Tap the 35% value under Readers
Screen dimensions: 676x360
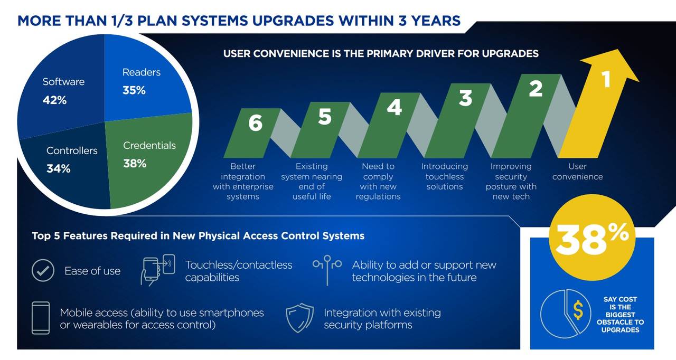point(134,90)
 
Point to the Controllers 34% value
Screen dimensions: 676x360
point(58,168)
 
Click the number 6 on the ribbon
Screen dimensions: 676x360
point(255,123)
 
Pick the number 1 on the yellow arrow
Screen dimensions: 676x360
point(606,79)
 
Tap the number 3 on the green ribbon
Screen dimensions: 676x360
point(465,98)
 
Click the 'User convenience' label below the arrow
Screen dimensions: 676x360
point(578,171)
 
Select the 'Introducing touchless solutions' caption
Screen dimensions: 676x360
point(445,176)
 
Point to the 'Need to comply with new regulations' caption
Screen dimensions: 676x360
point(378,181)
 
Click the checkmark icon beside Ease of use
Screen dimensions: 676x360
point(43,270)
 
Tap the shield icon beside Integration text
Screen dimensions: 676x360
point(299,318)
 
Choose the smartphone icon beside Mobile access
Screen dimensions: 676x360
point(41,318)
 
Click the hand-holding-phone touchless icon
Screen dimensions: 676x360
point(157,270)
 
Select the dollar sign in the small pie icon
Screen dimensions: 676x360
point(578,310)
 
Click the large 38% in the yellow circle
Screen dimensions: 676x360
point(592,239)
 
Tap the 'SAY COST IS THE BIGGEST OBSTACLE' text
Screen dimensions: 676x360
point(620,315)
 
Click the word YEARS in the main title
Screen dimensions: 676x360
point(436,21)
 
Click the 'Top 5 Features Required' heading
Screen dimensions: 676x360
point(198,236)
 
